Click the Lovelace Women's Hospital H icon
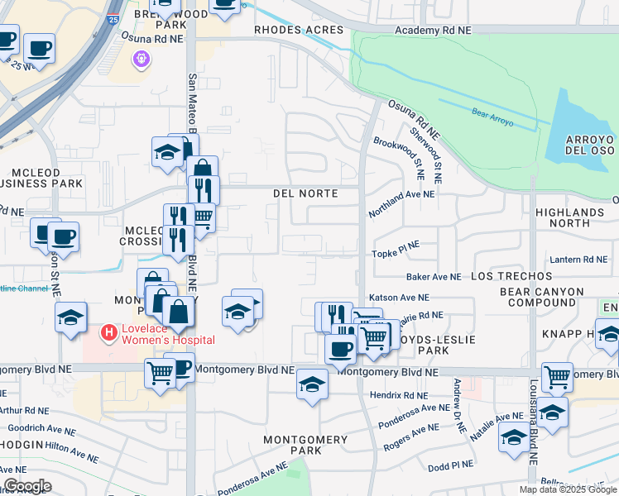tap(107, 332)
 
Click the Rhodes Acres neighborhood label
tap(298, 30)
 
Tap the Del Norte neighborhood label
tap(305, 193)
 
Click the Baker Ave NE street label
tap(433, 276)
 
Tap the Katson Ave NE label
tap(400, 297)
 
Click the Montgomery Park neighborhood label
tap(293, 445)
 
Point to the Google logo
tap(27, 486)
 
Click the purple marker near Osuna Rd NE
tap(141, 60)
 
